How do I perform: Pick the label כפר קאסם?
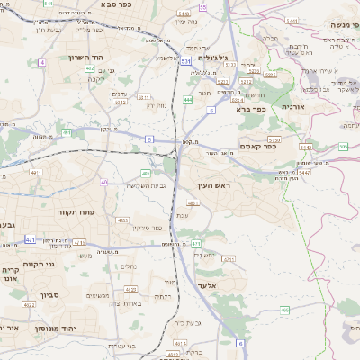point(259,146)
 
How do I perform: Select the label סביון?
point(49,293)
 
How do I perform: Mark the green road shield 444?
point(187,99)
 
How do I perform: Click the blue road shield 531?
point(184,62)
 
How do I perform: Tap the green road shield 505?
point(344,147)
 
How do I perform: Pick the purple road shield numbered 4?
point(41,62)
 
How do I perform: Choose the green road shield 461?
point(66,132)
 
